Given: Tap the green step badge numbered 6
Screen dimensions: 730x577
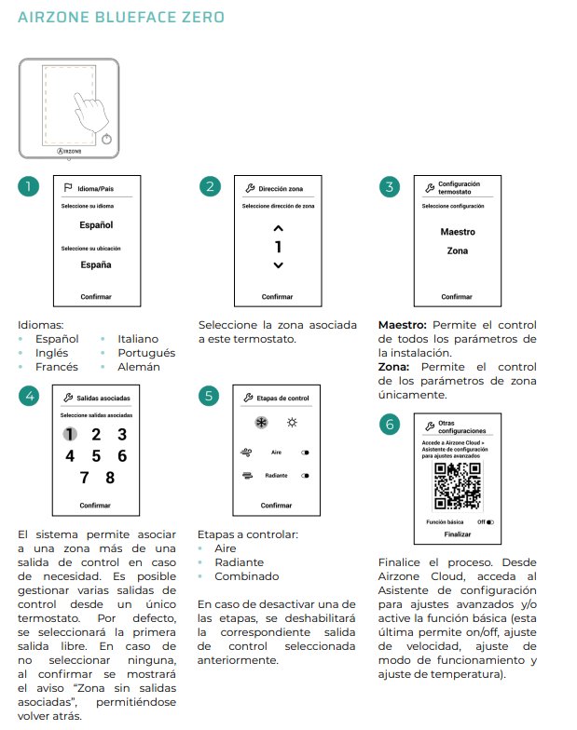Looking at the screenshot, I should (x=389, y=425).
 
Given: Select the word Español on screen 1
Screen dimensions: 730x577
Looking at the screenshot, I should (x=95, y=225).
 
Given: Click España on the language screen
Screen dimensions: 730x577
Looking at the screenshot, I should (x=95, y=265).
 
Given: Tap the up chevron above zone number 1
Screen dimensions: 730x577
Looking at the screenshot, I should (x=278, y=228).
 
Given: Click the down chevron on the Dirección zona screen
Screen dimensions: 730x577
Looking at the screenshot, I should (x=278, y=266).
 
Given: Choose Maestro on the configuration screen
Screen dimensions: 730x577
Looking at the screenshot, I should (x=457, y=232).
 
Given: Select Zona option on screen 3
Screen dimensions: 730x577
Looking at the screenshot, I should (x=457, y=250).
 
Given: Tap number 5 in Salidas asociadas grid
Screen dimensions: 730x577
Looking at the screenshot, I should (x=96, y=455).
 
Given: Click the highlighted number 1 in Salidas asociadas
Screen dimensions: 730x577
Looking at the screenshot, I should (x=70, y=434).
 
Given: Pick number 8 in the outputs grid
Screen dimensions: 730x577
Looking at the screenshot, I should (x=110, y=478).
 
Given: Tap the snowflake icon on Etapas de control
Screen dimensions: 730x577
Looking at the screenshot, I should (x=261, y=423).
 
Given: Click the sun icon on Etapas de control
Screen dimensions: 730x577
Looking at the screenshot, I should (x=292, y=423).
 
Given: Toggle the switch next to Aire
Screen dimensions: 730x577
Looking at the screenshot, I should (x=305, y=452).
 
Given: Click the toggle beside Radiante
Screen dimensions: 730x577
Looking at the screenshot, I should (x=305, y=475).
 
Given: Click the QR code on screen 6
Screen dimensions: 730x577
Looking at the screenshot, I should (x=458, y=487).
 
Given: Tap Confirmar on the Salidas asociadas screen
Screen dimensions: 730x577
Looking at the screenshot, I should (x=95, y=506).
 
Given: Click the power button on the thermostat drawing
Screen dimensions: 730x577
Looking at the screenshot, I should (x=108, y=139).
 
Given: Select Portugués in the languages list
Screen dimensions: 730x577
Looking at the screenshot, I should (x=146, y=353).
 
